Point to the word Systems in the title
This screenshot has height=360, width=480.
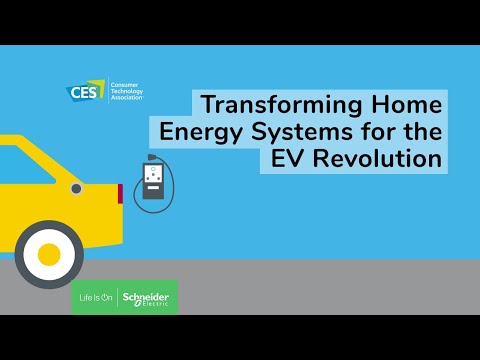[x=301, y=131]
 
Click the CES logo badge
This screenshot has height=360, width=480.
[x=81, y=93]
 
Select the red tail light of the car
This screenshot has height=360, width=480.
[x=120, y=193]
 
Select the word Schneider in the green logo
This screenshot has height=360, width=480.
[x=147, y=296]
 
